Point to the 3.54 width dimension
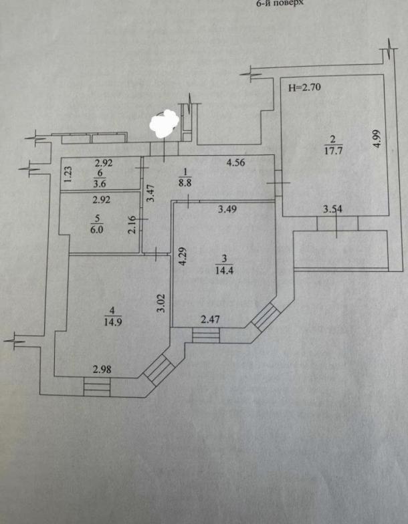332,209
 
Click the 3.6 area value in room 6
99,182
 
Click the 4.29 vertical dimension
181,258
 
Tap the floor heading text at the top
281,3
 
